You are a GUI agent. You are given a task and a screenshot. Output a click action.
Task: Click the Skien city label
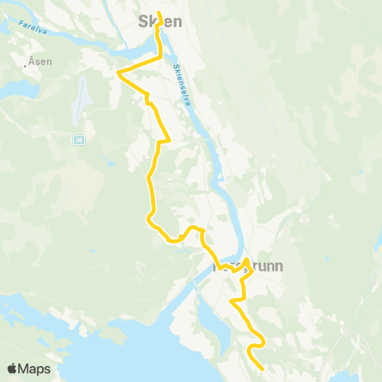[x=159, y=22]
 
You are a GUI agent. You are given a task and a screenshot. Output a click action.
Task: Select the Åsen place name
[x=41, y=62]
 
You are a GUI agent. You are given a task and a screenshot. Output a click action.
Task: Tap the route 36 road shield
[x=78, y=141]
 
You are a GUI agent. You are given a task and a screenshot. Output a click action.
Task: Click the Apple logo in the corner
[x=13, y=369]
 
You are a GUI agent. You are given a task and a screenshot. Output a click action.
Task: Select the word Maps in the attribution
[x=36, y=369]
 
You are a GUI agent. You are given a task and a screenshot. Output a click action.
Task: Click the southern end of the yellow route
[x=262, y=368]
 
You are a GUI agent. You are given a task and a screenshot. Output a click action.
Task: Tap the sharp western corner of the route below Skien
[x=119, y=72]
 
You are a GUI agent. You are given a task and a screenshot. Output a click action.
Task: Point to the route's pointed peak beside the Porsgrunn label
[x=247, y=259]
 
